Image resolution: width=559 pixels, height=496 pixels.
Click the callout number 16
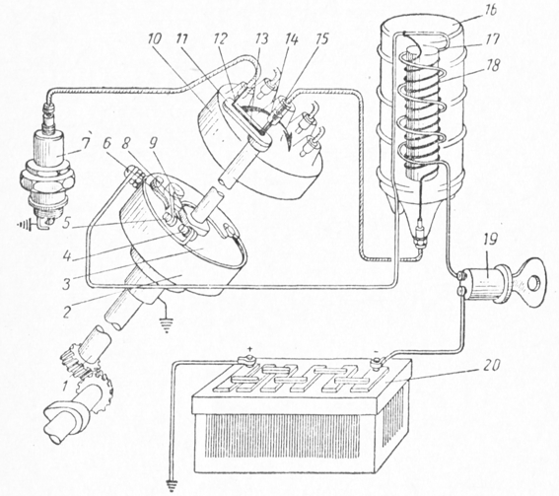tap(489, 11)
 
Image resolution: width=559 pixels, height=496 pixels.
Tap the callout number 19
tap(490, 240)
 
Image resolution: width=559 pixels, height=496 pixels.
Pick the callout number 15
tap(321, 38)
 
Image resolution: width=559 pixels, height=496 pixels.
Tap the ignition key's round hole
tap(533, 284)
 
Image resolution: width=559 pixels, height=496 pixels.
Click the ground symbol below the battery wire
tap(173, 485)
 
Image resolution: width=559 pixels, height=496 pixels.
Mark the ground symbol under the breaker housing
tap(167, 325)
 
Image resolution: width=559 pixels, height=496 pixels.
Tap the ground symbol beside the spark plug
tap(26, 225)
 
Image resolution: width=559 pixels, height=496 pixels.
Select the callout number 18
tap(493, 65)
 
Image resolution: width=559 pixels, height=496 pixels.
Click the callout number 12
tap(219, 39)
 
